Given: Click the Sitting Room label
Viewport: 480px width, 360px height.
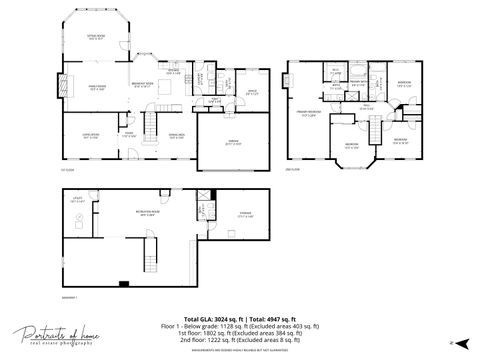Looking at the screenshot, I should (x=96, y=37).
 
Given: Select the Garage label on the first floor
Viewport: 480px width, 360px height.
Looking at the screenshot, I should (x=233, y=142).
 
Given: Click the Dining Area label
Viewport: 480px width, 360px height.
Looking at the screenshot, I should (x=176, y=136).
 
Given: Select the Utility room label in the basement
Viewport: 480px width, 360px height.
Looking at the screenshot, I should (x=76, y=200).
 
